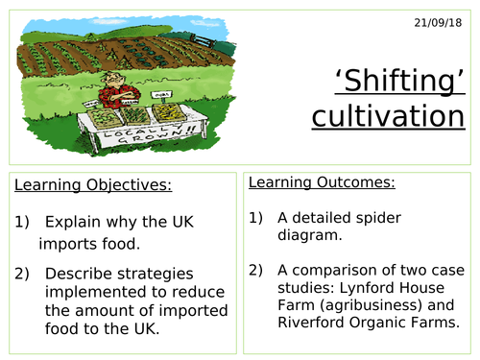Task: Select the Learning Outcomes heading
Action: click(x=308, y=181)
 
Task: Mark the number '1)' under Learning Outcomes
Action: click(x=257, y=217)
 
